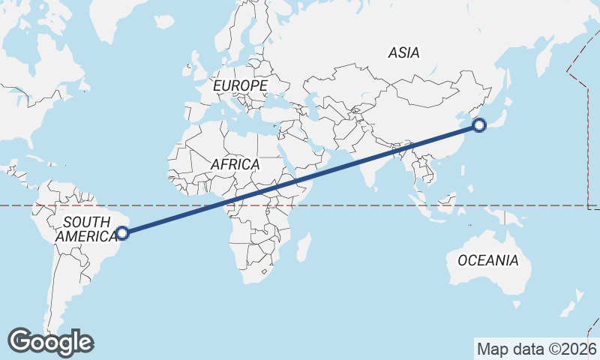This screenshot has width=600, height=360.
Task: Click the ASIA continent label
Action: click(403, 52)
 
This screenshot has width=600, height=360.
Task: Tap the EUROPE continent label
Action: click(240, 86)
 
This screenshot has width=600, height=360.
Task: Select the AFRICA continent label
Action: click(235, 163)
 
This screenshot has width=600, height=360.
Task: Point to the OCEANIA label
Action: click(487, 260)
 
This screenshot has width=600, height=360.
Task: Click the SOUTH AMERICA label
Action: click(87, 228)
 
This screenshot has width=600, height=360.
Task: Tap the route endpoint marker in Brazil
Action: click(123, 232)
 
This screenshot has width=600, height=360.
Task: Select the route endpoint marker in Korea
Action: click(480, 125)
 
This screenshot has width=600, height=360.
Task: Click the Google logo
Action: click(51, 342)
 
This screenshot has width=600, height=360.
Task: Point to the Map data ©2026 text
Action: click(536, 349)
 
